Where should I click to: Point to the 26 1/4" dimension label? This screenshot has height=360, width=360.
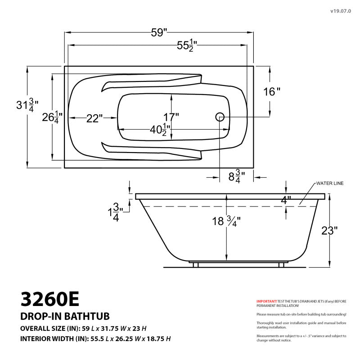point(53,118)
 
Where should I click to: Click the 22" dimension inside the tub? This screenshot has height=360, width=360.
point(94,118)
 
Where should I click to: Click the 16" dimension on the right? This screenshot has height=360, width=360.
point(271,92)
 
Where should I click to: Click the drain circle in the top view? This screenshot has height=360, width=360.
point(220,117)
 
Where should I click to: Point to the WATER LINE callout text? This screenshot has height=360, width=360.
point(329,184)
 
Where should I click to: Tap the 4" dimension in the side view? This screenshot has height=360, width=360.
point(286,200)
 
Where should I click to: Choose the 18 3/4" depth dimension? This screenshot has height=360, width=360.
point(226,221)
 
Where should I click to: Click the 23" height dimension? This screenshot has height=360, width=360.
point(329,231)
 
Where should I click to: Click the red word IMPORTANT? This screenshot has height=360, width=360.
point(266,301)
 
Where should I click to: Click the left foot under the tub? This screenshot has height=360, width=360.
point(196,265)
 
